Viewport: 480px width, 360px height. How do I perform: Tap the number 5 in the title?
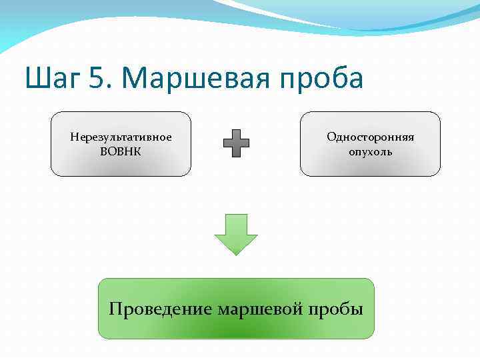point(95,79)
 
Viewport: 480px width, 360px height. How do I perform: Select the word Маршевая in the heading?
point(191,79)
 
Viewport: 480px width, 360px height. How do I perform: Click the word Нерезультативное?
point(121,137)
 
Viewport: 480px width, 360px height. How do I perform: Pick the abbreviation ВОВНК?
point(121,151)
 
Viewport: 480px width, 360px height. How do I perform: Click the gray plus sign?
point(236,143)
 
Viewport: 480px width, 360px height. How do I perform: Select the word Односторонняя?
point(370,137)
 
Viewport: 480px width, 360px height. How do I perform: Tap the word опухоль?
point(370,152)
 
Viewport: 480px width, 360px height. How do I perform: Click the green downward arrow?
point(236,233)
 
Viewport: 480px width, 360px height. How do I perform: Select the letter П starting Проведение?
point(115,309)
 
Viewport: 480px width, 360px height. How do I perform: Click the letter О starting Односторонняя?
point(331,137)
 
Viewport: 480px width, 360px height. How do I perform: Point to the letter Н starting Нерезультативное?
point(73,137)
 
